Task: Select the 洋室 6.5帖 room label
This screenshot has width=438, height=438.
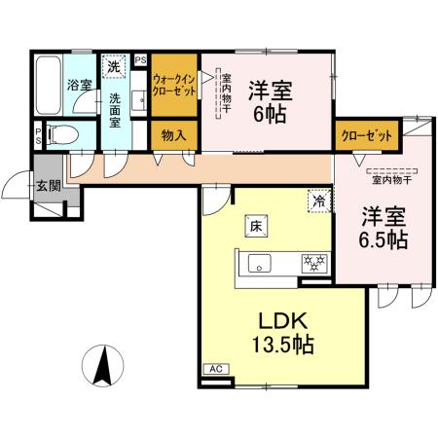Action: pos(380,228)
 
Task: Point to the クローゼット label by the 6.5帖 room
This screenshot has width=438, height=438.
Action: pos(366,136)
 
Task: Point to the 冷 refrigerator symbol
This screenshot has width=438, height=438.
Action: pos(318,200)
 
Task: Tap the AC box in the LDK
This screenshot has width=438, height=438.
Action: pos(215,369)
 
